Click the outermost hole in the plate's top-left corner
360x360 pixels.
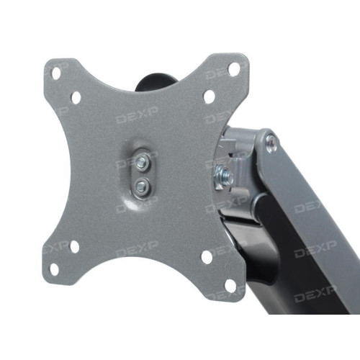click(56, 73)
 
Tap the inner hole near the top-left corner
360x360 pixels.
click(76, 98)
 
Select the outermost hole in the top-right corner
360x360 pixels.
click(234, 69)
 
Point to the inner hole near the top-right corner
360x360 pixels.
click(210, 96)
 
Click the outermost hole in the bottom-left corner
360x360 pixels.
click(54, 269)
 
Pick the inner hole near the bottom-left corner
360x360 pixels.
click(74, 247)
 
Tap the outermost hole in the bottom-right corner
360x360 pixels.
click(230, 286)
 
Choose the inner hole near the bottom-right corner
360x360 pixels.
click(207, 257)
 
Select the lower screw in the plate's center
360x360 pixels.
click(142, 186)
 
